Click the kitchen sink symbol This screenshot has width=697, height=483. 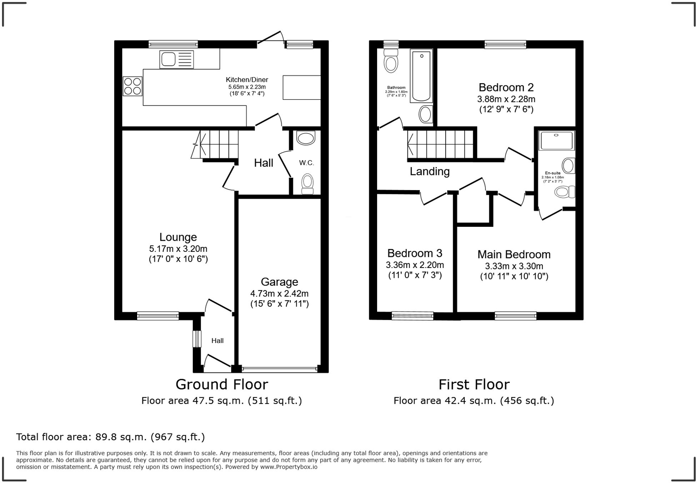(177, 59)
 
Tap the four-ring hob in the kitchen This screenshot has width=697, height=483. (132, 86)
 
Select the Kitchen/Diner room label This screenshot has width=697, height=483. (247, 80)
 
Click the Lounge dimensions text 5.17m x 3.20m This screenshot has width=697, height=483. (178, 249)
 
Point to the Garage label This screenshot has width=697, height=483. (280, 282)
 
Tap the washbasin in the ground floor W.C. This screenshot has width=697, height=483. (306, 138)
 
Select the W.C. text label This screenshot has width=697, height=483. (306, 163)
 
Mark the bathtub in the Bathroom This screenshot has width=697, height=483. (421, 76)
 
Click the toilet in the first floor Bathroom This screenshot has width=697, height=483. (391, 61)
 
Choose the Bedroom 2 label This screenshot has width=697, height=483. (506, 87)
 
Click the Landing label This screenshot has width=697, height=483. (430, 171)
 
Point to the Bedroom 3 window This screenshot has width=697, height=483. (412, 315)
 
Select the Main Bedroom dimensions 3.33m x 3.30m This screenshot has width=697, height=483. (514, 266)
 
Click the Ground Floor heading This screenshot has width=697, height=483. (222, 384)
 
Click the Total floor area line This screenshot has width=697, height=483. (110, 437)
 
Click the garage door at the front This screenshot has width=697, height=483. (280, 369)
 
